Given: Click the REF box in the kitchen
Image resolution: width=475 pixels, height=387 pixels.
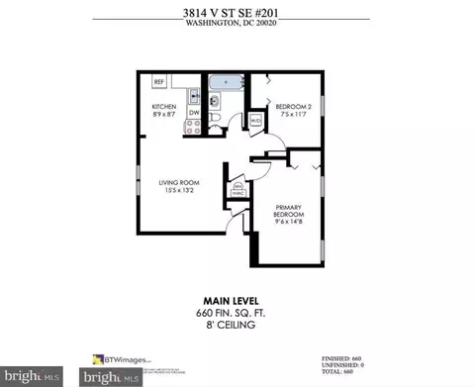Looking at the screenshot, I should point(158,83).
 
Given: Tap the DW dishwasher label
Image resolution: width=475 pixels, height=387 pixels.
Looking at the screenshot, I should point(194,112).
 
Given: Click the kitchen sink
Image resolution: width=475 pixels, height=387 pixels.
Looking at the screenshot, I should point(194,96).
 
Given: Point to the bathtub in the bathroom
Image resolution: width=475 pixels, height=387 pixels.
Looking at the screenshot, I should point(227,83).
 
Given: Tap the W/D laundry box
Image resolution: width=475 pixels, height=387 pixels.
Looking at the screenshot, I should point(254,122).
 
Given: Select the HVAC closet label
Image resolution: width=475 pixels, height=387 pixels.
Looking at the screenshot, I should point(238,187).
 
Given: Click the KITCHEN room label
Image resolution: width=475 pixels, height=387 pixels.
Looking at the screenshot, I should point(163,106).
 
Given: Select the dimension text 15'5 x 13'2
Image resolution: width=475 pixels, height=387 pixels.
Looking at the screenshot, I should point(180,191).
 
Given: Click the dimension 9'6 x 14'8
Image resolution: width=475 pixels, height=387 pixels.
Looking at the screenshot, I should point(288,223).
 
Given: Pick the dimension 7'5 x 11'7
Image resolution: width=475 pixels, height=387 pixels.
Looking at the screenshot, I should point(293,114).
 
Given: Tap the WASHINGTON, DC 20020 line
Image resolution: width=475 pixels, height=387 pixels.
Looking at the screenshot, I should point(237,24).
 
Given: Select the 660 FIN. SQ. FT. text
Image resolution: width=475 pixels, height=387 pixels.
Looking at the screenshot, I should point(237,312).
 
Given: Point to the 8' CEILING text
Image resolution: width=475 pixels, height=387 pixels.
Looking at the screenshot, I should point(237,325).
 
